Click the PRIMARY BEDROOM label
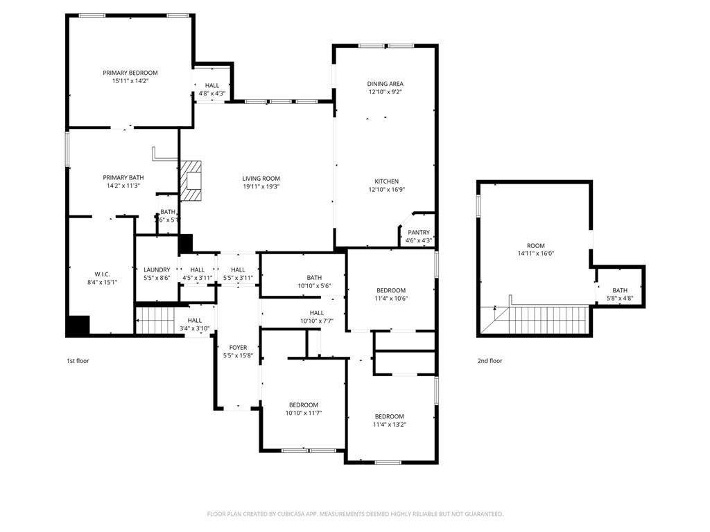click(x=130, y=73)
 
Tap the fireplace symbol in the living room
click(x=191, y=181)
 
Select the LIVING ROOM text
click(x=261, y=179)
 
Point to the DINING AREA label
click(x=385, y=84)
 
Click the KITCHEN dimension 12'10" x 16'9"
click(x=386, y=189)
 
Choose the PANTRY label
click(x=418, y=233)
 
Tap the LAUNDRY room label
click(x=157, y=270)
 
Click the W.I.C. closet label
click(x=102, y=274)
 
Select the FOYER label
click(x=238, y=348)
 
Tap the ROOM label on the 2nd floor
click(x=535, y=246)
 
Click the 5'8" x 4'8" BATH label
click(x=619, y=291)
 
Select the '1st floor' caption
click(x=78, y=361)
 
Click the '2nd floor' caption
click(x=490, y=361)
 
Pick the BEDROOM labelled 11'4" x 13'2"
click(x=388, y=416)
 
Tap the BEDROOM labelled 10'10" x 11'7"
click(x=304, y=405)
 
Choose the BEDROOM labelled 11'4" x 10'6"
click(x=391, y=290)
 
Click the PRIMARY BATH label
click(x=123, y=177)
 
